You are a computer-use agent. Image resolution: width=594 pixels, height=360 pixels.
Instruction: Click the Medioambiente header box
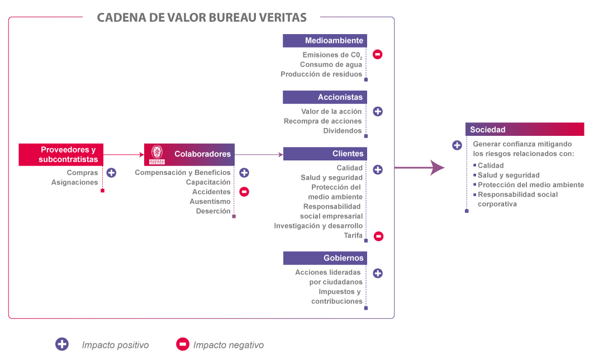(325, 41)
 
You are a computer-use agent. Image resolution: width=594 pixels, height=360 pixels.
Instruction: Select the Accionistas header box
(325, 97)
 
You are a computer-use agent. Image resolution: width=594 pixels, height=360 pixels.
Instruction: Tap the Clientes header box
(325, 154)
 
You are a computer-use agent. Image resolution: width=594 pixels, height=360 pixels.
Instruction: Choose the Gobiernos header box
(325, 258)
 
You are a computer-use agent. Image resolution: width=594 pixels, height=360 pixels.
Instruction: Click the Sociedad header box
(524, 130)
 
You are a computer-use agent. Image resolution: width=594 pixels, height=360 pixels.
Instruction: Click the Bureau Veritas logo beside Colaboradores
(157, 154)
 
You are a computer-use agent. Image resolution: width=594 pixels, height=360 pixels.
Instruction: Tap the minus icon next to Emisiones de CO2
(378, 55)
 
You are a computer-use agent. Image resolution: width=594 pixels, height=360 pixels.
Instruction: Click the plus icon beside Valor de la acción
(378, 111)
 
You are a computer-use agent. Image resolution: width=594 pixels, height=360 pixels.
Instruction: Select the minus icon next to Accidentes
(244, 192)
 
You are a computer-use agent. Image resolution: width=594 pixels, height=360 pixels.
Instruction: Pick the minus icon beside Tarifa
(378, 236)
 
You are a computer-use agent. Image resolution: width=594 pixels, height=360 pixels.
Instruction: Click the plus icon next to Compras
(111, 173)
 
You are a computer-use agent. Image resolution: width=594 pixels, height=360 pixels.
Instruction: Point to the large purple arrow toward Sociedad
(419, 167)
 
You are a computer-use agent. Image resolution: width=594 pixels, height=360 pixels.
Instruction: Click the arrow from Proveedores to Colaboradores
(124, 154)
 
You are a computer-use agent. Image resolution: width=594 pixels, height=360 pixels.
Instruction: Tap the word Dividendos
(343, 131)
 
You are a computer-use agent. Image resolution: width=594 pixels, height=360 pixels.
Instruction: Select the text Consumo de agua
(331, 65)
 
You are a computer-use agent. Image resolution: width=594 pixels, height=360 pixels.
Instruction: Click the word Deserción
(213, 211)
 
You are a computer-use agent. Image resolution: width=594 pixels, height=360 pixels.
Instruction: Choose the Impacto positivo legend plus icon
(62, 344)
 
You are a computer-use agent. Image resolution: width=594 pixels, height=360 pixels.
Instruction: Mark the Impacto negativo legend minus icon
(182, 344)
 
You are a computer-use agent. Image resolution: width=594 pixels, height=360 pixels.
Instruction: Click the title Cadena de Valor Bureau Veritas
(202, 17)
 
